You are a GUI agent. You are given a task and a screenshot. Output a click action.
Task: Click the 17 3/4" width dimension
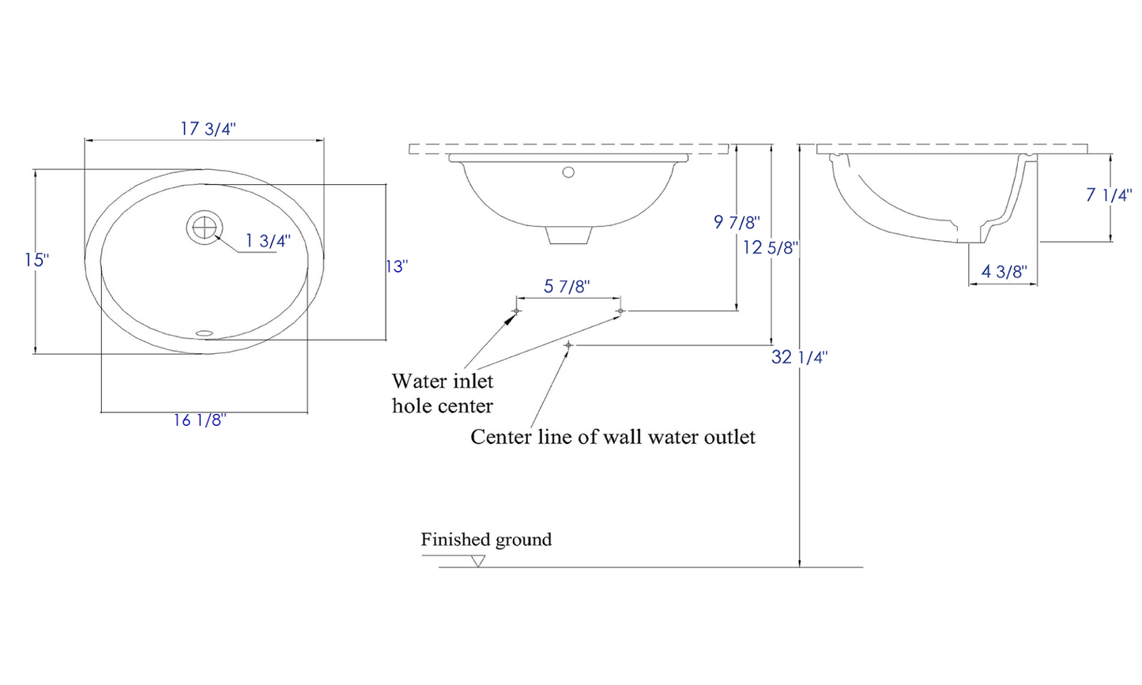click(208, 129)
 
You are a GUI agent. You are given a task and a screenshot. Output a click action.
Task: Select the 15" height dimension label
click(36, 260)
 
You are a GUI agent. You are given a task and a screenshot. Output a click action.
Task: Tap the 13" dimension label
click(396, 267)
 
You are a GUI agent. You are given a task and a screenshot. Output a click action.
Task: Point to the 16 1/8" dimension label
click(200, 420)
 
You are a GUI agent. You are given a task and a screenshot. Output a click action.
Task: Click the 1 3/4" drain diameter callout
click(268, 241)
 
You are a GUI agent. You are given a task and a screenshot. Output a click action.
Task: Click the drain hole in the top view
click(204, 227)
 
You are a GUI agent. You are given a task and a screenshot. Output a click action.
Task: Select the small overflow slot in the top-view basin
click(205, 333)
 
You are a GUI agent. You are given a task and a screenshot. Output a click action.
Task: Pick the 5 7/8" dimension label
click(567, 286)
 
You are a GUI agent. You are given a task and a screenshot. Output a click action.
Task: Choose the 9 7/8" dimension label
click(737, 222)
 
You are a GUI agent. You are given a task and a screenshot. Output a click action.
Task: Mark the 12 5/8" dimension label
click(770, 248)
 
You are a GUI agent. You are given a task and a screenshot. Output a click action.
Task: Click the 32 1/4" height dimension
click(799, 357)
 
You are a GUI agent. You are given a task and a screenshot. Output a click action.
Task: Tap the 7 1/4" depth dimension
click(1108, 194)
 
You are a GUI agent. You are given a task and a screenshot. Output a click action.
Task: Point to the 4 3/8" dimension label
click(1004, 273)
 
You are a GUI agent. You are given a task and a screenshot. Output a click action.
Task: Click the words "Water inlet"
click(442, 382)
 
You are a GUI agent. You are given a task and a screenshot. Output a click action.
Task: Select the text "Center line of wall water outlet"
click(612, 437)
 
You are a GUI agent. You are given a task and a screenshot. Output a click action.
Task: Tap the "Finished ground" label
click(486, 540)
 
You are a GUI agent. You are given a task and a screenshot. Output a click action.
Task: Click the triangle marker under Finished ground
click(477, 561)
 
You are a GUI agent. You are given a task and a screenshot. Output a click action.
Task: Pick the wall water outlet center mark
click(568, 345)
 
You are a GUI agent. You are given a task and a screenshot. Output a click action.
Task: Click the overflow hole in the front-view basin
click(567, 171)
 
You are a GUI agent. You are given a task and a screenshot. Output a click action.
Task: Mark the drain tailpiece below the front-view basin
click(569, 235)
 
